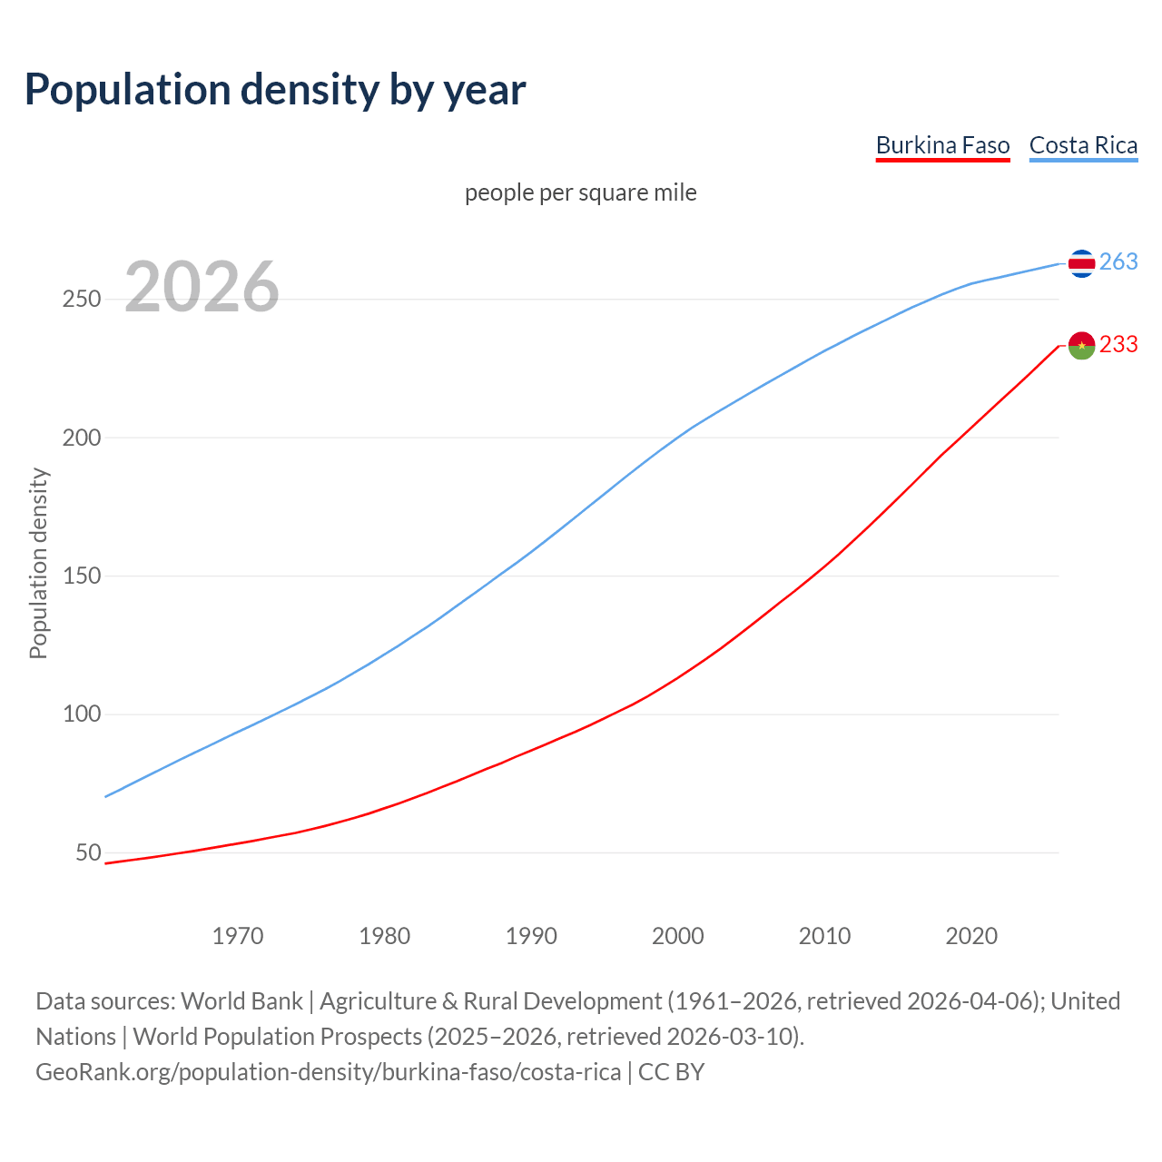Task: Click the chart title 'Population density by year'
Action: [275, 90]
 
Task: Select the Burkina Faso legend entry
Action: [942, 145]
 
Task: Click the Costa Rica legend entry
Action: [1083, 145]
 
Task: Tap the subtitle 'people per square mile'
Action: [580, 192]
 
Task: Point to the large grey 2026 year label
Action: [202, 287]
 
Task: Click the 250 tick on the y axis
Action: [81, 299]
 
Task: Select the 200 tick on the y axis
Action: [81, 438]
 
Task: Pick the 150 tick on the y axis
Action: [81, 576]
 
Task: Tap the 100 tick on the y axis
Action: [81, 714]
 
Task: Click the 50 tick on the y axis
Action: [88, 852]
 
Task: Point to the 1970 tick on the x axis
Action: [238, 936]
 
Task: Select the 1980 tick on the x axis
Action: [385, 936]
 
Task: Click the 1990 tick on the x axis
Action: [531, 936]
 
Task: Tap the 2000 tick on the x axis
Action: [678, 936]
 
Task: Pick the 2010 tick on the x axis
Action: [824, 936]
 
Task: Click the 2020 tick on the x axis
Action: [971, 936]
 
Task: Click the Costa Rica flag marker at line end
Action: [1081, 263]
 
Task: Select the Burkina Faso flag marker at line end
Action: [1081, 345]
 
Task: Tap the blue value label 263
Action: [1118, 262]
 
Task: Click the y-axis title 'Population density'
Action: [38, 563]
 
